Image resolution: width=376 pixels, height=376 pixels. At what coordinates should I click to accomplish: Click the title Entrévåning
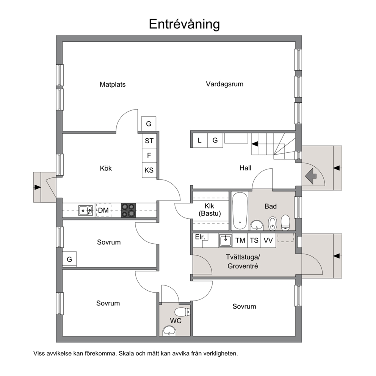click(x=184, y=24)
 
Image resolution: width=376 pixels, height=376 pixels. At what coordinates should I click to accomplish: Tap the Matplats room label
click(x=113, y=85)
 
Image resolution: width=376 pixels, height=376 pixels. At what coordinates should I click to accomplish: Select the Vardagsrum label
click(x=225, y=84)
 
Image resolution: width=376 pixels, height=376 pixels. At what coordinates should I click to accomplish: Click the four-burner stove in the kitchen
click(x=128, y=210)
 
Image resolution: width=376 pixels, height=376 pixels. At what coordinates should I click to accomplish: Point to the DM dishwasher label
click(x=103, y=210)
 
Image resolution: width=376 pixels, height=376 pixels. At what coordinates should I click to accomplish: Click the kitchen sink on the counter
click(x=86, y=210)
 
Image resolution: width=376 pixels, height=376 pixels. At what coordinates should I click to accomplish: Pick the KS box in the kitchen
click(x=149, y=170)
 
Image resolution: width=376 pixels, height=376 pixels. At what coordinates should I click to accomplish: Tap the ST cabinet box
click(x=149, y=141)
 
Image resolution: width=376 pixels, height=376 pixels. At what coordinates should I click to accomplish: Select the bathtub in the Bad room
click(x=240, y=210)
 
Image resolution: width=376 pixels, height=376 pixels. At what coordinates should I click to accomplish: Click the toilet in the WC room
click(x=182, y=312)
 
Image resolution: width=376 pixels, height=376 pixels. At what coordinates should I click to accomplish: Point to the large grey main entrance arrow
click(x=311, y=176)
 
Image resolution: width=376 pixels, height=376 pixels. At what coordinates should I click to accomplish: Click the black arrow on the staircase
click(x=254, y=144)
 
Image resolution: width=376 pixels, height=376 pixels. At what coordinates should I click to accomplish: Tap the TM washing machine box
click(x=240, y=240)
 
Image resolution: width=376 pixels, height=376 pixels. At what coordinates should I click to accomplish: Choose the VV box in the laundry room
click(x=268, y=240)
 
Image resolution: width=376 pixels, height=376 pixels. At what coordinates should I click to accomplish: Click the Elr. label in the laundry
click(x=200, y=237)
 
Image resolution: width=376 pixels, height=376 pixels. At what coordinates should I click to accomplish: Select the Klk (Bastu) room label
click(x=210, y=210)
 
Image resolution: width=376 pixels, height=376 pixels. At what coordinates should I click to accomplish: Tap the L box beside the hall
click(x=199, y=140)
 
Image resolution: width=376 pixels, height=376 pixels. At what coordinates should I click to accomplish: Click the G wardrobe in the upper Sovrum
click(x=69, y=259)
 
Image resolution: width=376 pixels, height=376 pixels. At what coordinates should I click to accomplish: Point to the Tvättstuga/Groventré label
click(x=243, y=262)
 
